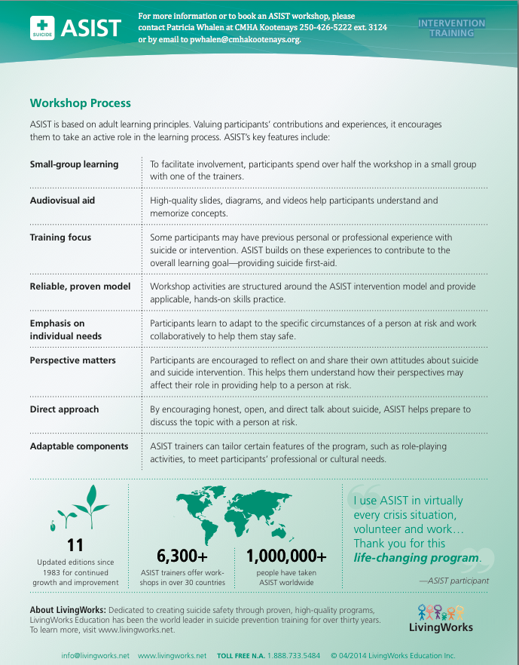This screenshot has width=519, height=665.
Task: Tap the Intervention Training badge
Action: (x=452, y=28)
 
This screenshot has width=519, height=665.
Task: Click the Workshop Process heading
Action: (x=80, y=103)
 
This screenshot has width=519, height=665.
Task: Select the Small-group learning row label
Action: (x=74, y=164)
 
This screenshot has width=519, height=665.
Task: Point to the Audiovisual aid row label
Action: (x=62, y=201)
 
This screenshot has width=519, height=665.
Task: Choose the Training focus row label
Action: (x=60, y=237)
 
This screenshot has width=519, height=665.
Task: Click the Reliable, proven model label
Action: (x=80, y=287)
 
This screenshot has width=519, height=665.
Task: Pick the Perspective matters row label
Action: (x=72, y=360)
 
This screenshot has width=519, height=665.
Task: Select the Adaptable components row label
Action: (x=79, y=446)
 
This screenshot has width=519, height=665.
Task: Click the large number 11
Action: (x=75, y=544)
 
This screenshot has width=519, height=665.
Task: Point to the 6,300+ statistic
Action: (x=182, y=556)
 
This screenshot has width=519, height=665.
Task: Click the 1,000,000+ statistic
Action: (x=287, y=556)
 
